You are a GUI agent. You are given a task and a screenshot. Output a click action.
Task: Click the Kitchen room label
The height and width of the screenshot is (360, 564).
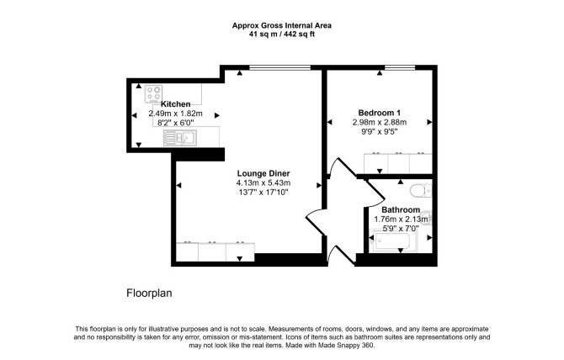pos(176,104)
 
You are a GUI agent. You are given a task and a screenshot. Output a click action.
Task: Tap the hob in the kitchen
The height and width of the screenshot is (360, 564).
pos(153,93)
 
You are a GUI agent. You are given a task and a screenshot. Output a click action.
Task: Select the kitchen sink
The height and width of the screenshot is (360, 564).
pos(180,138)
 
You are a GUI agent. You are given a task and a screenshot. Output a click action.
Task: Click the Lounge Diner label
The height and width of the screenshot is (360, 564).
pos(263,173)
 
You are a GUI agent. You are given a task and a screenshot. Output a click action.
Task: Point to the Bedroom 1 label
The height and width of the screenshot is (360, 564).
pos(380,113)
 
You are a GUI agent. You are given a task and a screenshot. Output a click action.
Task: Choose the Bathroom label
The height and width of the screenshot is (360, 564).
pos(401,209)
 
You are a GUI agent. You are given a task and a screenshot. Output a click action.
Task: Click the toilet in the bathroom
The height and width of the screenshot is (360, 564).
pos(421,190)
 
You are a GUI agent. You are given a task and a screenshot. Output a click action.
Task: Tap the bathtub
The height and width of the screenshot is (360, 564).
pos(394,241)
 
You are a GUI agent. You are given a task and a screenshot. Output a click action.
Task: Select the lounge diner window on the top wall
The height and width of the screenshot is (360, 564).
pos(279,67)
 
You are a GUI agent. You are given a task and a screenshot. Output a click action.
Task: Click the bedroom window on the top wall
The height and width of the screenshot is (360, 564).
pos(400,67)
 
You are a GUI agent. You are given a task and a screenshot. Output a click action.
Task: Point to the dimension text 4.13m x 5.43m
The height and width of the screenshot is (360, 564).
pos(263,183)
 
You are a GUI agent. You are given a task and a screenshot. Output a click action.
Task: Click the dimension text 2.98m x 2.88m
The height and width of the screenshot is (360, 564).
pos(380,122)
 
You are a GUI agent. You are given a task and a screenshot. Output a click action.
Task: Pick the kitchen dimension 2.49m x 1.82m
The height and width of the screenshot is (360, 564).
pos(176,114)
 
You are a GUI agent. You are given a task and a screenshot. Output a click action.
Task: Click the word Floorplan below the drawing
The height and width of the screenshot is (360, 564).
pos(149,294)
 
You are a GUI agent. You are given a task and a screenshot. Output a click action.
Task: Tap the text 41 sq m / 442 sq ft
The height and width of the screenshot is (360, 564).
pos(282,34)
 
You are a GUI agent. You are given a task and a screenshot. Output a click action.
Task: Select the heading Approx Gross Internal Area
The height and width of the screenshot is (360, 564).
pos(282,25)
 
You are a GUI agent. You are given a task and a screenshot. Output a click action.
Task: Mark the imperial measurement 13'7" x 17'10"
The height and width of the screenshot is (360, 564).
pos(263,193)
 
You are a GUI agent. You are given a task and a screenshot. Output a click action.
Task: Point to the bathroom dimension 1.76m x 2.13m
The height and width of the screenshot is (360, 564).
pos(401,220)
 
